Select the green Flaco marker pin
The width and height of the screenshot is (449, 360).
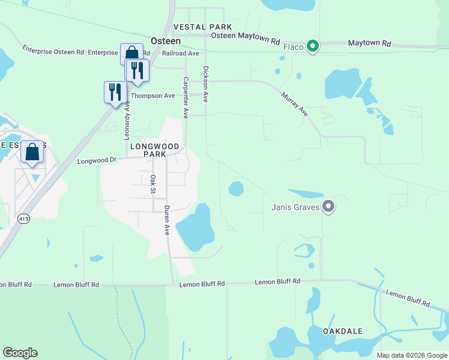(x=312, y=46)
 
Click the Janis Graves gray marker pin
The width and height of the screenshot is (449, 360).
(x=328, y=208)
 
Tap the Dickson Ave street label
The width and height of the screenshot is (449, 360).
(x=206, y=84)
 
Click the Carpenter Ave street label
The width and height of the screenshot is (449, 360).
(x=186, y=97)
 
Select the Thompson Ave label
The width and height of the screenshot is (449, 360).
(x=152, y=95)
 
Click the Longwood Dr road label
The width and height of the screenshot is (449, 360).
(x=97, y=161)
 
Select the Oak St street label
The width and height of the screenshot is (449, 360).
(x=154, y=185)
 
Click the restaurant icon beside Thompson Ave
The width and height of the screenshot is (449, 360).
(x=114, y=92)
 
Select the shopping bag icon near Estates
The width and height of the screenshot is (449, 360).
(x=32, y=152)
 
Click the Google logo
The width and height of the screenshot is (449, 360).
(x=20, y=353)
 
